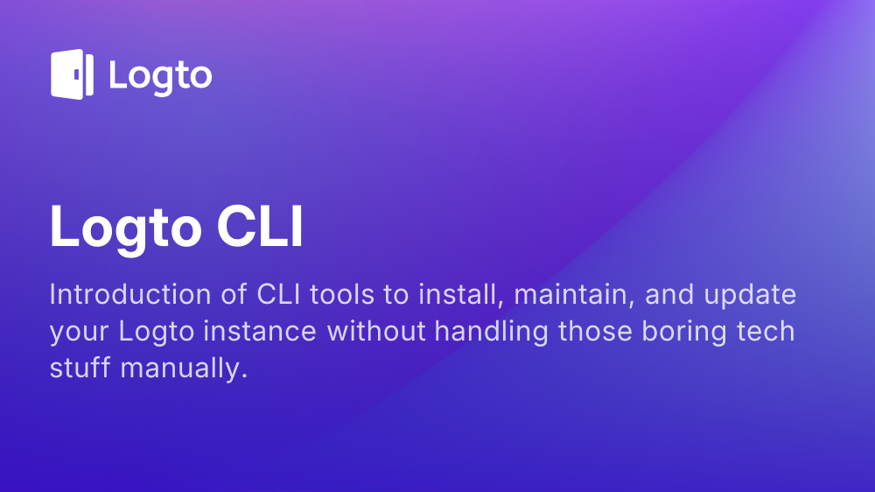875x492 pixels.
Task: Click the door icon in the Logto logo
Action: (72, 74)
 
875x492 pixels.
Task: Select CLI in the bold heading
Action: (260, 226)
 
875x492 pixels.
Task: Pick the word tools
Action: (342, 294)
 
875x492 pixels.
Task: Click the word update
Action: (750, 295)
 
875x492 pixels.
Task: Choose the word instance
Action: (260, 331)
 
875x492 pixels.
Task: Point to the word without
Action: (376, 331)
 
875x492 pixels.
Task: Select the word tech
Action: (766, 331)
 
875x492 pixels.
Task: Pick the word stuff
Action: (80, 368)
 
